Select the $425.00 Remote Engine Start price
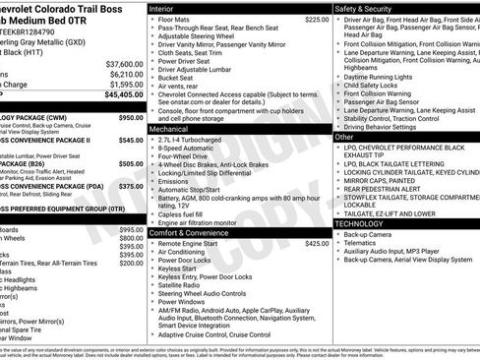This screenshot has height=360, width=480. click(317, 243)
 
